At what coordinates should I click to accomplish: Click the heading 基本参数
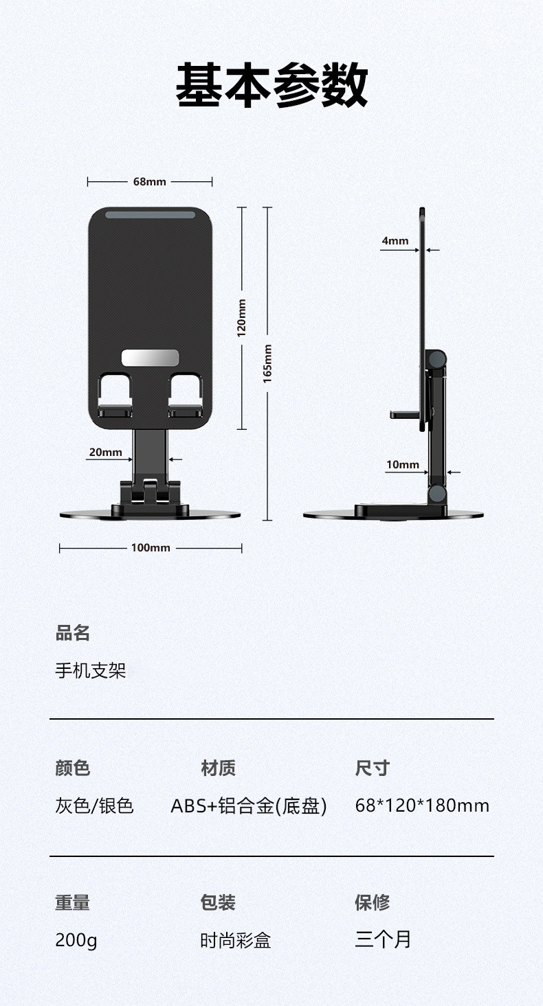pos(271,86)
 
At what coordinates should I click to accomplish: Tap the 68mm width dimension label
pos(150,182)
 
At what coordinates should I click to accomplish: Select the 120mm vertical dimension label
pos(241,318)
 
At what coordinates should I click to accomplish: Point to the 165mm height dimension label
pos(267,363)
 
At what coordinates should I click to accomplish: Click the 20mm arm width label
pos(105,452)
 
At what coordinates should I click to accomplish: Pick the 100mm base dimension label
pos(151,548)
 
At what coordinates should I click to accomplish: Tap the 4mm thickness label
pos(395,240)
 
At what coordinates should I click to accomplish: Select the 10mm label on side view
pos(403,465)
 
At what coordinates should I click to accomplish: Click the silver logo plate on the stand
pos(150,358)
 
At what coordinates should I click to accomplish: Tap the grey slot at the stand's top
pos(150,215)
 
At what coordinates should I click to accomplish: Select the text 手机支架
pos(91,670)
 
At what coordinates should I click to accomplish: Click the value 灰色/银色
pos(94,805)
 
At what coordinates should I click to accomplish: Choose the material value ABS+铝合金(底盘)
pos(248,805)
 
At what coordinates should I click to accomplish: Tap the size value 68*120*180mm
pos(422,805)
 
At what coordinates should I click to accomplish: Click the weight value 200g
pos(76,940)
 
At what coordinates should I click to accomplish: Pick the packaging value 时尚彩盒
pos(236,940)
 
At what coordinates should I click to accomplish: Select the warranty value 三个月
pos(383,939)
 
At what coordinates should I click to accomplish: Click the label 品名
pos(73,633)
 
